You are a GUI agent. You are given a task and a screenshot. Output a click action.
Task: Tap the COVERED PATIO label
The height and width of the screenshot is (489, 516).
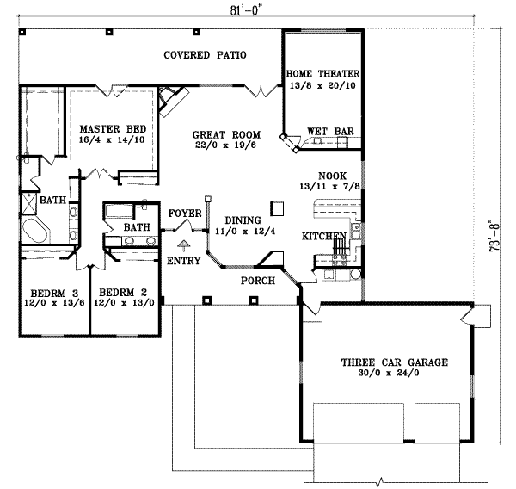(x=206, y=55)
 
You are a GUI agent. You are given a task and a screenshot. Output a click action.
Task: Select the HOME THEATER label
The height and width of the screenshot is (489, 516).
(x=324, y=74)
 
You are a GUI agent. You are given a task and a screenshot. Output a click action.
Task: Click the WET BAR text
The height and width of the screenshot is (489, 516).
(x=331, y=132)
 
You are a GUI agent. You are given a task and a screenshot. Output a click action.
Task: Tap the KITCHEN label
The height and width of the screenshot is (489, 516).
(x=323, y=236)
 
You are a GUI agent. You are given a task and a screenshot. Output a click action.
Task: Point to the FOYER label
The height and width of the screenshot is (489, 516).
(x=184, y=212)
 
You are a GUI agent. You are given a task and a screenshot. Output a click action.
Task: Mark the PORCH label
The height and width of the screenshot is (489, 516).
(x=258, y=281)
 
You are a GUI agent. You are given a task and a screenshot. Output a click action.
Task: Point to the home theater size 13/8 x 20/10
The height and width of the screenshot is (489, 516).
(x=324, y=86)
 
